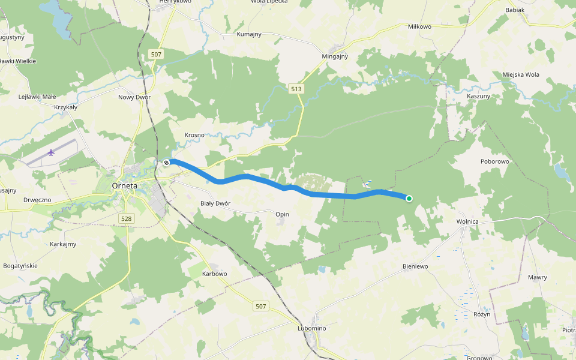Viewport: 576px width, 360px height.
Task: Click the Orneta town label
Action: [x=125, y=185]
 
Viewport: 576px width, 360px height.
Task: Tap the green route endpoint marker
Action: [x=409, y=199]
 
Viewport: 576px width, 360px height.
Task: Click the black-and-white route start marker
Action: [x=166, y=162]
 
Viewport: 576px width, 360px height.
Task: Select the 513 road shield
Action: [x=296, y=89]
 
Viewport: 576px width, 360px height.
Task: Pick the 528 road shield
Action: [x=126, y=219]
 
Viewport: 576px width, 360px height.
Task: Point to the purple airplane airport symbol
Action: [x=52, y=152]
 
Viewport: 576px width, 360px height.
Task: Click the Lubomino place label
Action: [x=311, y=328]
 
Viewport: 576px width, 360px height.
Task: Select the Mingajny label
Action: [x=335, y=56]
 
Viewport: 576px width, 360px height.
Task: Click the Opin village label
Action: [x=282, y=214]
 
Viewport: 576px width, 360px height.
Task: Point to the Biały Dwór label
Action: [x=215, y=203]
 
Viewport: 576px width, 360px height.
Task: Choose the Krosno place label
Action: [x=194, y=135]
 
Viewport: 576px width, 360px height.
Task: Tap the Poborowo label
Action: [x=495, y=161]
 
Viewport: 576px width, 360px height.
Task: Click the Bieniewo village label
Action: [x=415, y=265]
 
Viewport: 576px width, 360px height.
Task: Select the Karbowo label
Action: [x=215, y=274]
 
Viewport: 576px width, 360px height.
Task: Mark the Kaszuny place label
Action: [x=478, y=96]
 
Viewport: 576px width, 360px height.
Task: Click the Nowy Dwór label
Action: [x=134, y=97]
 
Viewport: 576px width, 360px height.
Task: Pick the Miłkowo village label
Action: [x=419, y=26]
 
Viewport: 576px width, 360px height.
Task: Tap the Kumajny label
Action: [x=249, y=34]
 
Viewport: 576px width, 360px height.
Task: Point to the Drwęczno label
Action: [x=37, y=199]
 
